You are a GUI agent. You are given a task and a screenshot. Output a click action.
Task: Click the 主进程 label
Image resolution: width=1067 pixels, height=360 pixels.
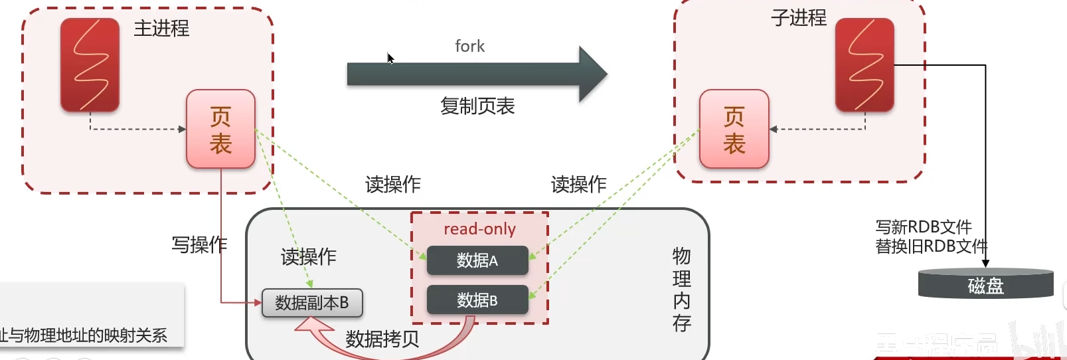pyautogui.click(x=161, y=29)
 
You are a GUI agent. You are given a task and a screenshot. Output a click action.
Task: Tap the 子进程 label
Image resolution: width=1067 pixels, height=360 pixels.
pyautogui.click(x=798, y=18)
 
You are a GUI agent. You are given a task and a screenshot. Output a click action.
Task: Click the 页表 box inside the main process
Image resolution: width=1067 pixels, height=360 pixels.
pyautogui.click(x=220, y=129)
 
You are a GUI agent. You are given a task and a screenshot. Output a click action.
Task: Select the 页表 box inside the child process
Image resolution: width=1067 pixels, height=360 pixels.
pyautogui.click(x=734, y=129)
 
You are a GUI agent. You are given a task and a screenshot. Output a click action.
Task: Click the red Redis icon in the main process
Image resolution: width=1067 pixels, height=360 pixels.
pyautogui.click(x=90, y=64)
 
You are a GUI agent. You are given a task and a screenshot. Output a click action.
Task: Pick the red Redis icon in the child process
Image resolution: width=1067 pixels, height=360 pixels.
pyautogui.click(x=864, y=64)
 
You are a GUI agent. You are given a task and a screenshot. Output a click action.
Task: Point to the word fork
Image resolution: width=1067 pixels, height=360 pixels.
pyautogui.click(x=469, y=46)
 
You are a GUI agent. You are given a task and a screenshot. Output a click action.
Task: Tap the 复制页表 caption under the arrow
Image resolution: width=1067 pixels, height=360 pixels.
pyautogui.click(x=477, y=106)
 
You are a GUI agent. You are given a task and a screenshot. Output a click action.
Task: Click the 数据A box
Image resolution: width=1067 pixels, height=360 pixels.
pyautogui.click(x=477, y=260)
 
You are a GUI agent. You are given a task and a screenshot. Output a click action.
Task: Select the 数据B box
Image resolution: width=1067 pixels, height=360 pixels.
pyautogui.click(x=477, y=300)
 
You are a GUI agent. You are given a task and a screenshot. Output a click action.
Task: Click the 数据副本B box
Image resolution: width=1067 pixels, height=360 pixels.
pyautogui.click(x=312, y=303)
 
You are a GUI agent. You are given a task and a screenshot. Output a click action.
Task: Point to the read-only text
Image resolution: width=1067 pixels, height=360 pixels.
pyautogui.click(x=479, y=229)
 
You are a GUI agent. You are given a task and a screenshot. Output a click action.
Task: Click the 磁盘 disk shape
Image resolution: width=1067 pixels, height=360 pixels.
pyautogui.click(x=985, y=284)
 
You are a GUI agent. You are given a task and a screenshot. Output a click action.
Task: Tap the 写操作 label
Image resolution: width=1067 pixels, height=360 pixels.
pyautogui.click(x=199, y=244)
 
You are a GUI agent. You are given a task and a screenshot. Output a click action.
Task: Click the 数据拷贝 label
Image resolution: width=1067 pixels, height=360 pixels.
pyautogui.click(x=382, y=339)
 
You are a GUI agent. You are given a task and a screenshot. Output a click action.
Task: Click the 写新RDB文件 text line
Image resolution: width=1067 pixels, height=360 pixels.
pyautogui.click(x=923, y=227)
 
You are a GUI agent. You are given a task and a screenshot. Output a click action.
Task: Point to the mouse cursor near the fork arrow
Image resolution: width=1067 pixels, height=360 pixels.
pyautogui.click(x=390, y=58)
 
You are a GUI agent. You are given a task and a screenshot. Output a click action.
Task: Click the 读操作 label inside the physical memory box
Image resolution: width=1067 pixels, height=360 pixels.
pyautogui.click(x=308, y=256)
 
